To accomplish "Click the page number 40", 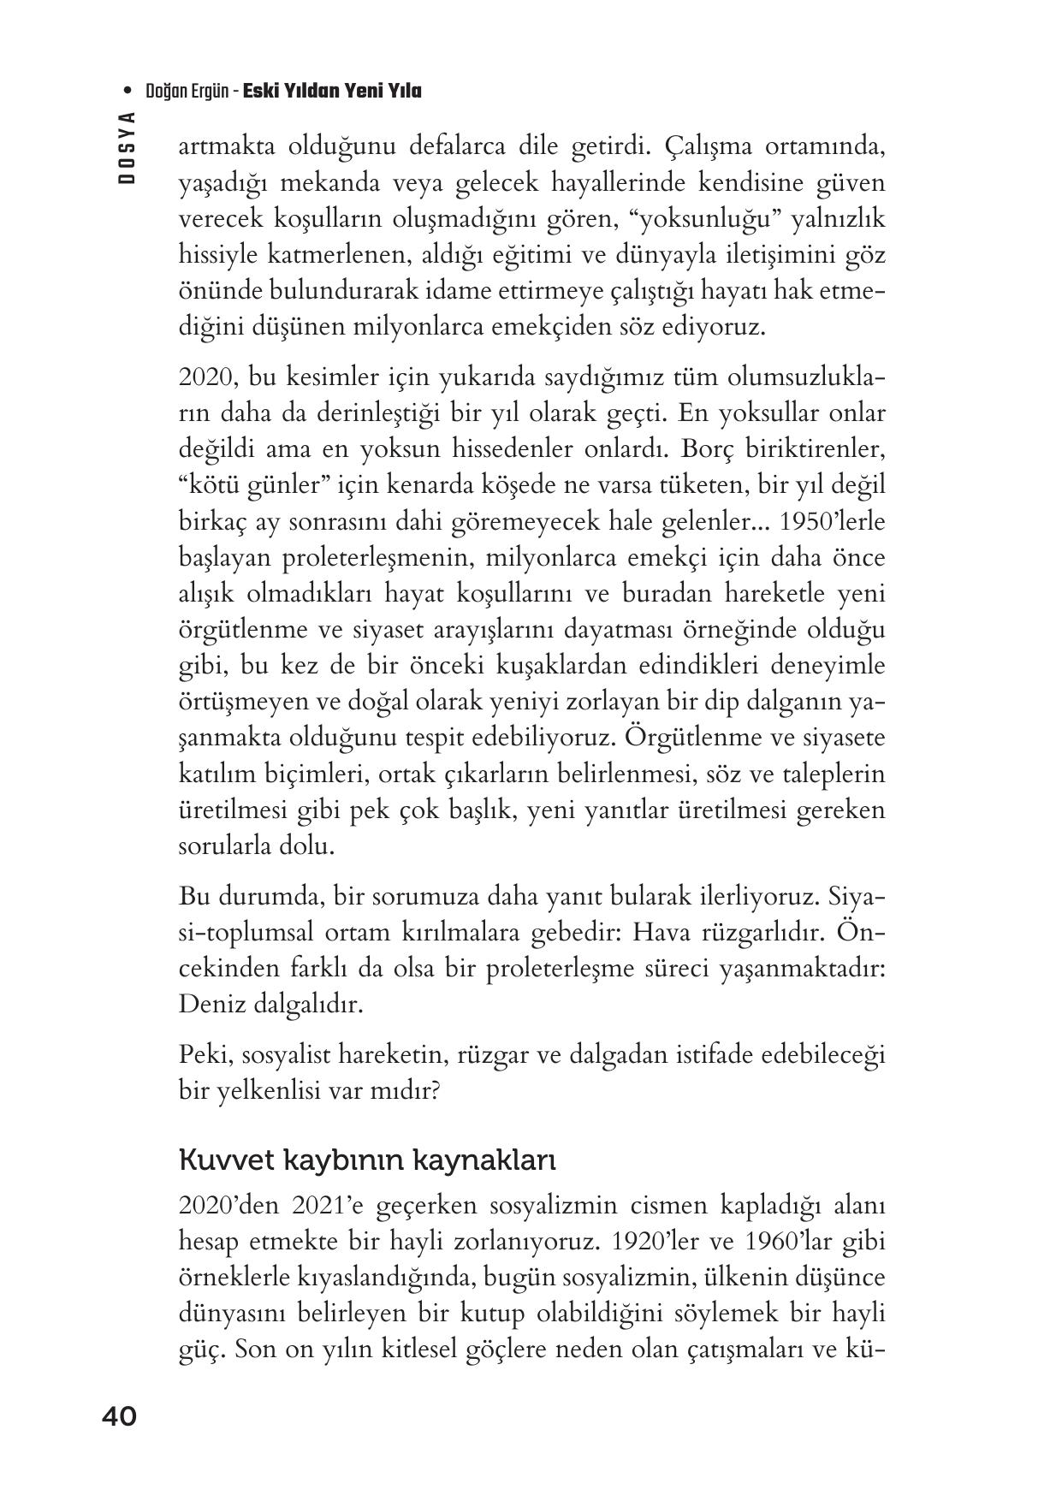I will coord(119,1416).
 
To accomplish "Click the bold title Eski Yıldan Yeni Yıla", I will coord(332,91).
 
